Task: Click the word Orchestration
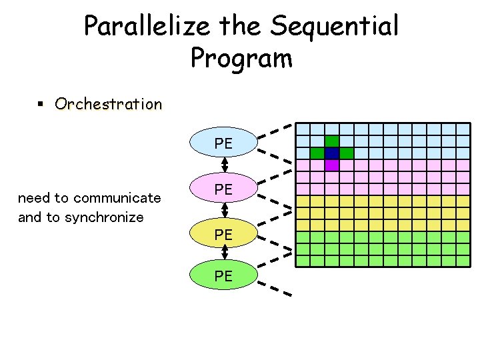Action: [x=109, y=104]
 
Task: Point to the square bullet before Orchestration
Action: [x=40, y=104]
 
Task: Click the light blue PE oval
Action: [x=223, y=143]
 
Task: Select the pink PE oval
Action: [x=223, y=189]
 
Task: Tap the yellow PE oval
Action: [x=223, y=235]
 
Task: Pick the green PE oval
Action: [x=223, y=275]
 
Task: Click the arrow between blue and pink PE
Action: [x=225, y=164]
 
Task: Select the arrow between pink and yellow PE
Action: [x=225, y=210]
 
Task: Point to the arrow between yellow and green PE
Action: [x=225, y=253]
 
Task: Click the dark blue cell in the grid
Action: [x=331, y=153]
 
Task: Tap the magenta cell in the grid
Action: [x=331, y=165]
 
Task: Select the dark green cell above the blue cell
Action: [x=331, y=141]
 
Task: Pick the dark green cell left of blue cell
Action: [x=317, y=153]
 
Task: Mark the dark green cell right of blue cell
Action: [x=346, y=153]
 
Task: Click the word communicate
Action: [x=117, y=198]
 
